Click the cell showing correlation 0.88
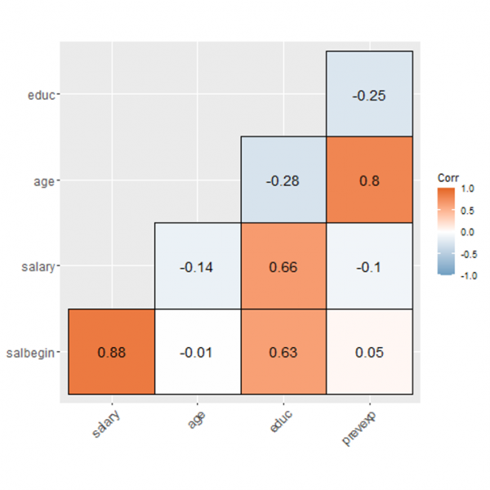[x=110, y=352]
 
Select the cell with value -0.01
[x=197, y=352]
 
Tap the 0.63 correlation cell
[x=283, y=352]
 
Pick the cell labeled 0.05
[x=369, y=352]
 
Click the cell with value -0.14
[x=197, y=266]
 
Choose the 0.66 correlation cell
[x=283, y=266]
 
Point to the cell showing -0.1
[x=369, y=266]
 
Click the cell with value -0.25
[x=369, y=95]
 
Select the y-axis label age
[x=44, y=180]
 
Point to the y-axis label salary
[x=38, y=266]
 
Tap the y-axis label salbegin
[x=33, y=352]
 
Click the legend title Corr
[x=448, y=176]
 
